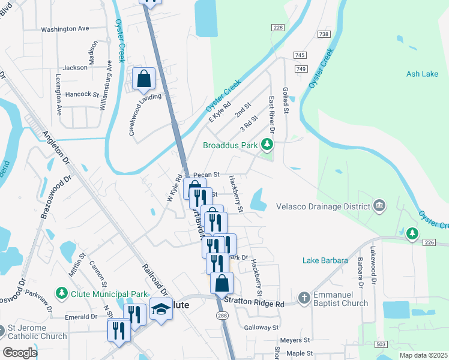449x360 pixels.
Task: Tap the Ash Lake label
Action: coord(422,74)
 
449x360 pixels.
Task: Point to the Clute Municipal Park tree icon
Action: coord(61,293)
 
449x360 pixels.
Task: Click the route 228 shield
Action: coord(277,28)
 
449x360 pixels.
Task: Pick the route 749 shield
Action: coord(301,70)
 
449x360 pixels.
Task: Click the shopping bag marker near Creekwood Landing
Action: coord(144,79)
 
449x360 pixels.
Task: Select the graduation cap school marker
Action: coord(160,310)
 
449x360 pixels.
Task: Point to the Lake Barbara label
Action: coord(326,260)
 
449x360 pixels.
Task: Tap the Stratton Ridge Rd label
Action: coord(254,304)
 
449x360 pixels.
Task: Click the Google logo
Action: coord(20,352)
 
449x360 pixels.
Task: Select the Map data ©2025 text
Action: coord(423,355)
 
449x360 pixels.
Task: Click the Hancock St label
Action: coord(82,94)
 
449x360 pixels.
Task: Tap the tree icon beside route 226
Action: coord(412,233)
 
